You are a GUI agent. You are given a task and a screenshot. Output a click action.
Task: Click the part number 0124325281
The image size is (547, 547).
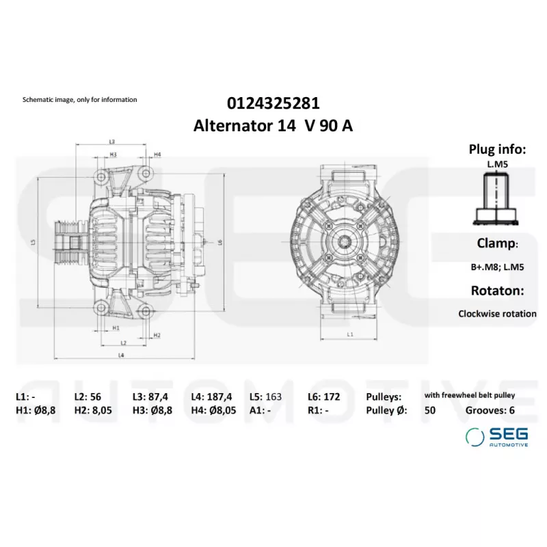[273, 103]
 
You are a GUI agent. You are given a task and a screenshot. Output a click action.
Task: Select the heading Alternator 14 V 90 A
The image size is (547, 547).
[273, 126]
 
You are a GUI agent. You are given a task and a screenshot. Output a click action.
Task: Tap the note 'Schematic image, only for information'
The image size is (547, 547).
[79, 100]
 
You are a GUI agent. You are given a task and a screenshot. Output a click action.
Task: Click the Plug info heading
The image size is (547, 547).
[497, 149]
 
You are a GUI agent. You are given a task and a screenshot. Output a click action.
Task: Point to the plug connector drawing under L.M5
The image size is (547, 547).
[495, 199]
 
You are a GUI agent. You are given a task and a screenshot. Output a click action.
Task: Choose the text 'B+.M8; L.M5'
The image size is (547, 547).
[497, 267]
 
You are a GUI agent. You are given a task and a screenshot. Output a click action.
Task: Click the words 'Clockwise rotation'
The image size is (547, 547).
[497, 314]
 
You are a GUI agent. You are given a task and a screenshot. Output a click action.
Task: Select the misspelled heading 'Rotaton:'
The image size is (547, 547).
[497, 291]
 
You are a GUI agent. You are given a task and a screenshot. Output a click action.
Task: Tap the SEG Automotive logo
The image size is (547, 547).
[497, 437]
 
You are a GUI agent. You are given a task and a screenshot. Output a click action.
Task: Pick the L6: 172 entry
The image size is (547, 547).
[323, 397]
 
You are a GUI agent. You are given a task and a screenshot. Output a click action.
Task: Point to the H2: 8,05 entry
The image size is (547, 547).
[93, 410]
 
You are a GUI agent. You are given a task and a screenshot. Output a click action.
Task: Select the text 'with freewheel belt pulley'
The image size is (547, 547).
[470, 395]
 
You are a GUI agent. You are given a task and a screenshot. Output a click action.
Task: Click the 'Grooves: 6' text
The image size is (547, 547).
[490, 410]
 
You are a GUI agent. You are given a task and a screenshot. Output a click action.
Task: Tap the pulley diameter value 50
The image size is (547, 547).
[430, 410]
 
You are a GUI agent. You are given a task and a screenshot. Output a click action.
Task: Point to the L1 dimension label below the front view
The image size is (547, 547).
[350, 334]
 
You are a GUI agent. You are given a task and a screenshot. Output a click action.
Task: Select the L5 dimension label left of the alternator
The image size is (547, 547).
[33, 241]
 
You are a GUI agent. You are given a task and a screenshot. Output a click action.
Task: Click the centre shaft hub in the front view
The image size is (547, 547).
[345, 241]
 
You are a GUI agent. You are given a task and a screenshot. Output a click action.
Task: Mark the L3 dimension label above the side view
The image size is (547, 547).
[111, 142]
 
